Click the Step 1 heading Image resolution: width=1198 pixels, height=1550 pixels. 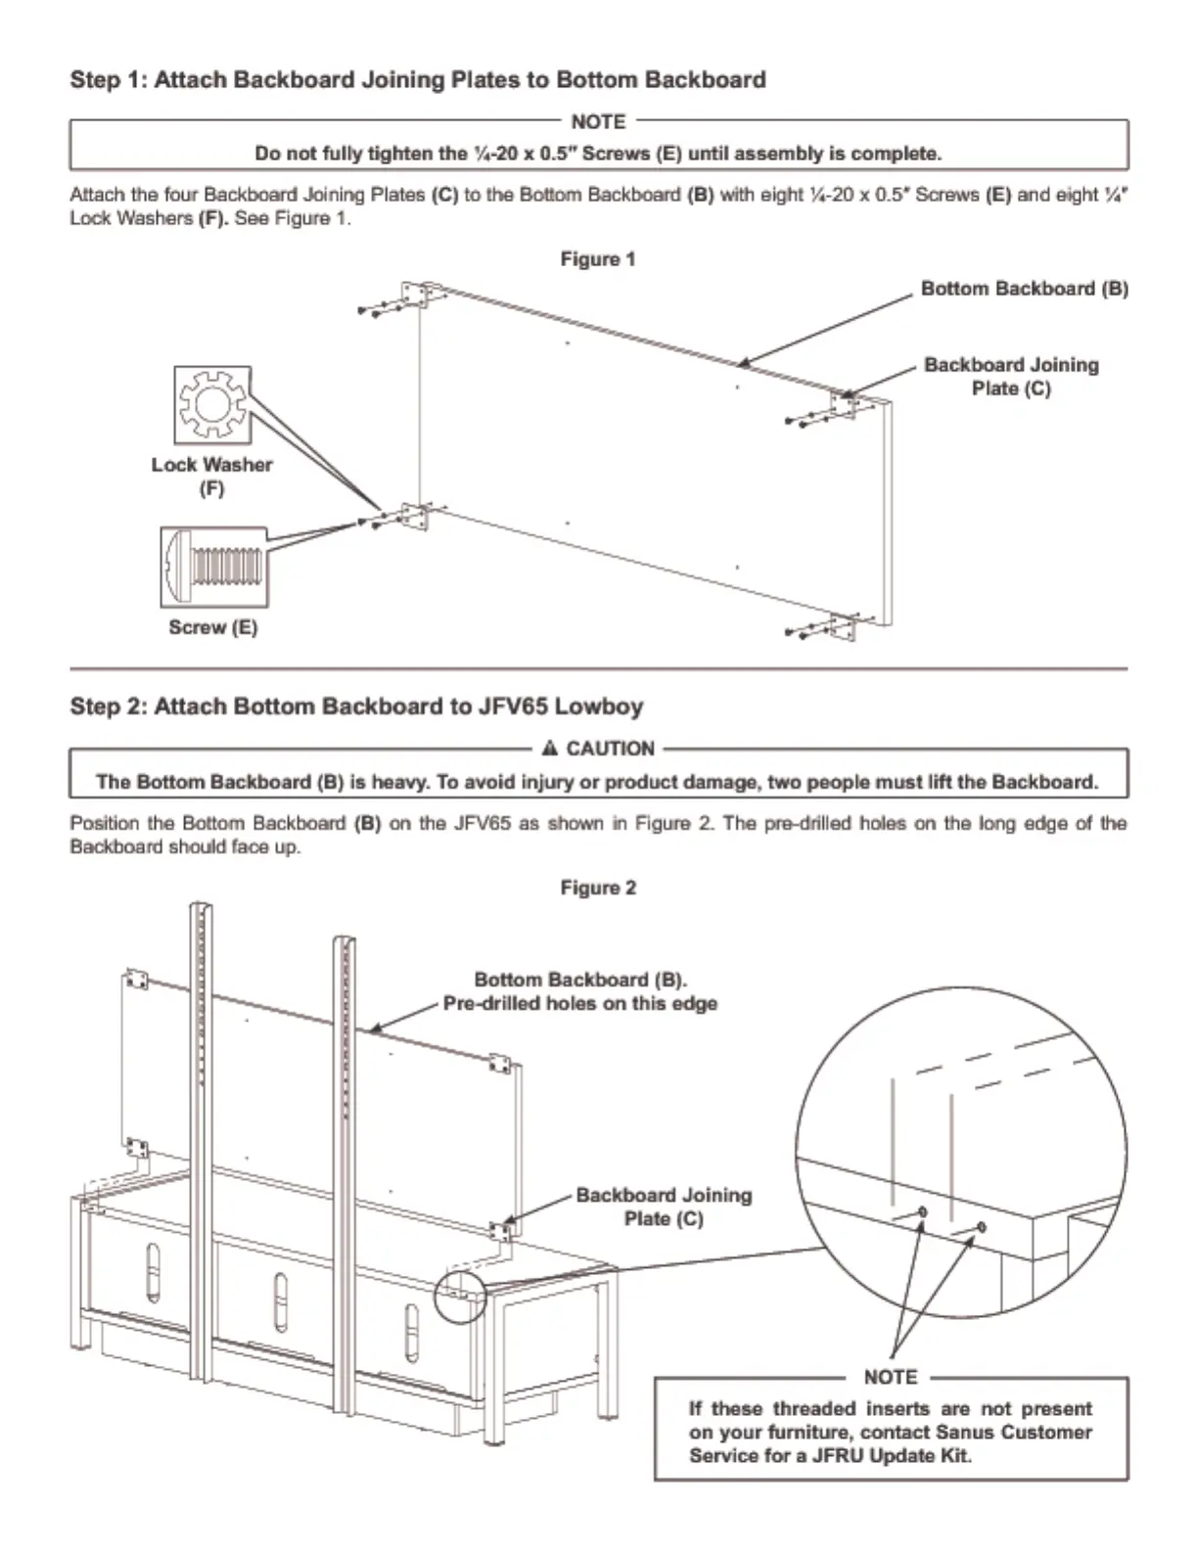tap(417, 79)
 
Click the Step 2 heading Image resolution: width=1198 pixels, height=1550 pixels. tap(356, 707)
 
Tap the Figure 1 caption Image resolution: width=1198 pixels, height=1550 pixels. tap(597, 259)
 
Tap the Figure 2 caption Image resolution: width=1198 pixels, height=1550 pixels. tap(597, 888)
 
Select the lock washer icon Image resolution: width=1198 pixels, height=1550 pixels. tap(212, 405)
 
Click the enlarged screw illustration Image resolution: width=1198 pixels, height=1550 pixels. tap(213, 567)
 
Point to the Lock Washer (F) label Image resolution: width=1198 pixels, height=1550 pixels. tap(211, 476)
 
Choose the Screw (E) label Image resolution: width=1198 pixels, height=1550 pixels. tap(212, 627)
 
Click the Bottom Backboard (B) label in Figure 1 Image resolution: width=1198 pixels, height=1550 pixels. tap(1024, 289)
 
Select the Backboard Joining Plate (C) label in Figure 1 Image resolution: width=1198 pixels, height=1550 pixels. tap(1011, 377)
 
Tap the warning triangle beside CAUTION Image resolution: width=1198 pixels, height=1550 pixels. tap(549, 749)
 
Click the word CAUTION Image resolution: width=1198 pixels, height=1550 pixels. tap(610, 749)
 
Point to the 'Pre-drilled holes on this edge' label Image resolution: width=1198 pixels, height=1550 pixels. tap(579, 1004)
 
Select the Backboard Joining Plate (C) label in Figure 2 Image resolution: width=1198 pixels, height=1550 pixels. tap(664, 1207)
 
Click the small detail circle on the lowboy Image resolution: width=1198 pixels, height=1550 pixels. tap(459, 1296)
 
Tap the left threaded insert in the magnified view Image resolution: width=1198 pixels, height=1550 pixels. tap(922, 1213)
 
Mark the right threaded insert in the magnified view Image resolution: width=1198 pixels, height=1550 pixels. tap(981, 1227)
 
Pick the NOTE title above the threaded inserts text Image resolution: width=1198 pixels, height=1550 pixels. tap(890, 1377)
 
